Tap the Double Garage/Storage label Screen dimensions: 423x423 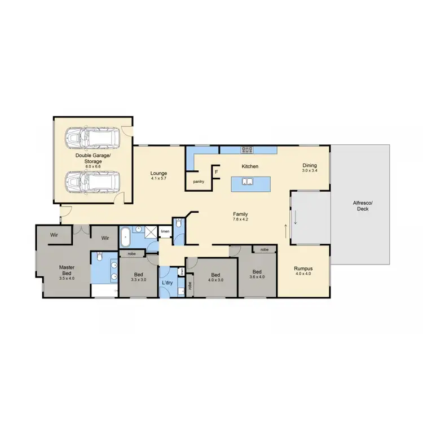point(94,158)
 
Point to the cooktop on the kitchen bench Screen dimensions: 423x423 point(248,149)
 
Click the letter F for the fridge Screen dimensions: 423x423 point(217,171)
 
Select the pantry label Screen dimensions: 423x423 point(198,182)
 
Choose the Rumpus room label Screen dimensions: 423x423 point(303,271)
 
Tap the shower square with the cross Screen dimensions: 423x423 point(151,232)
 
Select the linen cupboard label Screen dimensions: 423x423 point(165,231)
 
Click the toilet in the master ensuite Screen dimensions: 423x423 point(99,258)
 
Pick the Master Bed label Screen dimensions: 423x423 point(67,272)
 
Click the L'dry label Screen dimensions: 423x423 point(167,282)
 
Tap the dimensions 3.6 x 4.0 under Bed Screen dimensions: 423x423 point(257,276)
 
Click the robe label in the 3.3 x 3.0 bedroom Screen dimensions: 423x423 point(131,254)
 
